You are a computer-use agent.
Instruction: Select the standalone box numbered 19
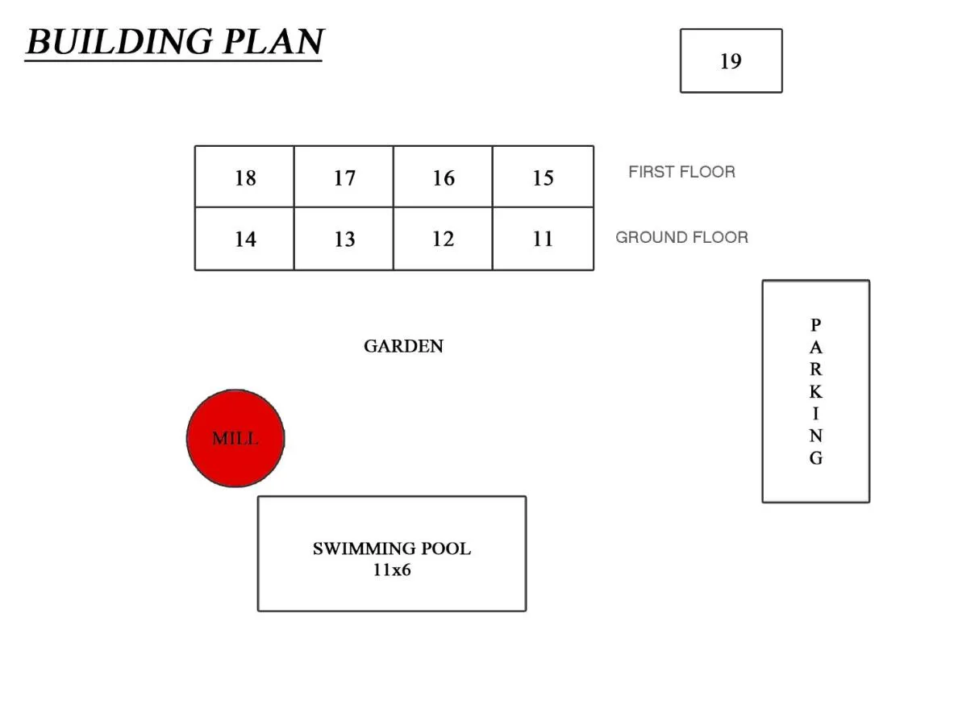tap(731, 61)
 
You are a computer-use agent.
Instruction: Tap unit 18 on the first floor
tap(245, 177)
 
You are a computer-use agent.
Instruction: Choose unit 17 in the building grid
tap(344, 177)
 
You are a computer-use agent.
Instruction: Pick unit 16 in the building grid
tap(444, 177)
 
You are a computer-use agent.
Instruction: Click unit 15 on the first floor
tap(543, 177)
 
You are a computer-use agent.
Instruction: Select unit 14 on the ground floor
tap(245, 239)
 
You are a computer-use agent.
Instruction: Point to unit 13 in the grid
tap(344, 239)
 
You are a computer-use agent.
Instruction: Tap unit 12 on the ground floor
tap(444, 239)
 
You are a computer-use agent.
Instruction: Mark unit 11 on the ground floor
tap(543, 239)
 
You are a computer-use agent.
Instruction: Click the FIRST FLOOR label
tap(681, 172)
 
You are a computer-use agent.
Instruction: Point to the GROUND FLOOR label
tap(681, 237)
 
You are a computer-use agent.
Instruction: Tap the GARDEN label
tap(403, 346)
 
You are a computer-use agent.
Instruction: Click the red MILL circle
tap(235, 439)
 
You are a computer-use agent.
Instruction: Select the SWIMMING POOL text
tap(392, 549)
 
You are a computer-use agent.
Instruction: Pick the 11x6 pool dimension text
tap(392, 570)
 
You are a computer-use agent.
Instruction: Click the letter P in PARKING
tap(815, 325)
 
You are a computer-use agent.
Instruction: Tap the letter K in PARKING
tap(815, 393)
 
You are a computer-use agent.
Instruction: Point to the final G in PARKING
tap(815, 458)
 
